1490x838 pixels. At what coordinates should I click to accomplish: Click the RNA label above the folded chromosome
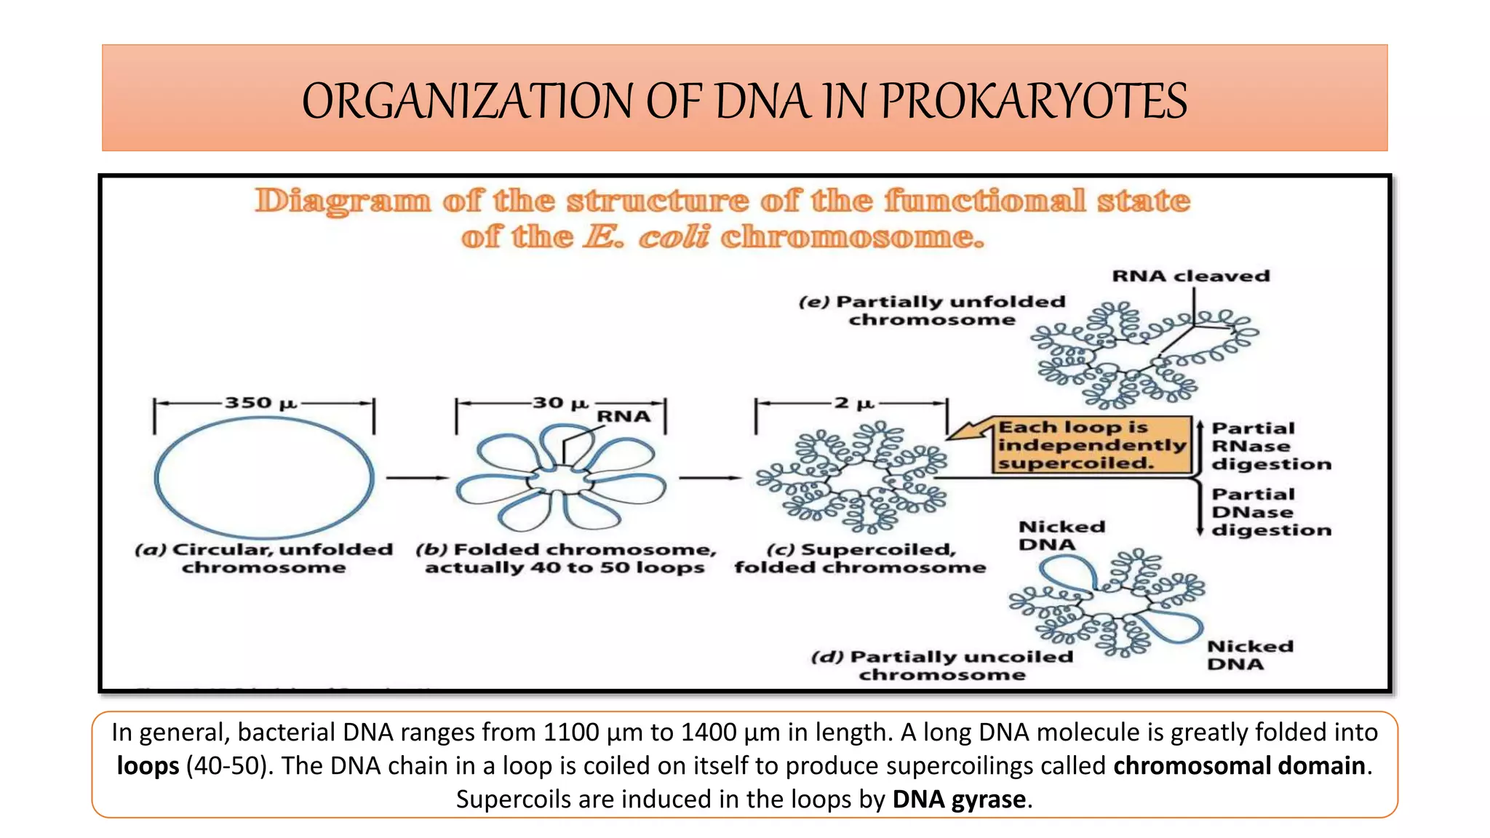(624, 417)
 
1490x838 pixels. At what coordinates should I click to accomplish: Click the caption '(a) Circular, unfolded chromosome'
(263, 559)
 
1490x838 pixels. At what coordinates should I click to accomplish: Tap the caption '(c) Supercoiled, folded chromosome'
(860, 559)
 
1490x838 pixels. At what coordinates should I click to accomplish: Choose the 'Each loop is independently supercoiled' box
(1091, 445)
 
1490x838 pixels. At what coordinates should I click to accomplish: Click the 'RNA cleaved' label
(1190, 276)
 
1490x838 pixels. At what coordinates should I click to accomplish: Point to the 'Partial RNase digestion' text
(1270, 446)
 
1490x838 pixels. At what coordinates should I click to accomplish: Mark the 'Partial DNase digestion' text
(1270, 512)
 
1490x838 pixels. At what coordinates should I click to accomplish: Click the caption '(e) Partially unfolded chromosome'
(932, 311)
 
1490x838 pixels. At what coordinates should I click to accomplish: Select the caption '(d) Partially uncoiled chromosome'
(942, 666)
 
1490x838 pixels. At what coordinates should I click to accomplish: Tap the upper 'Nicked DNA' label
(1061, 535)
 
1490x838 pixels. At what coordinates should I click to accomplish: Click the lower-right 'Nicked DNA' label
(1249, 655)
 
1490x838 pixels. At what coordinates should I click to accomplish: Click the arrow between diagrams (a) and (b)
(417, 478)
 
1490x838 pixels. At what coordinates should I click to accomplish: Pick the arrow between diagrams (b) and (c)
(709, 478)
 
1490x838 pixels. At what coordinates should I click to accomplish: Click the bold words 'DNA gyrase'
(958, 799)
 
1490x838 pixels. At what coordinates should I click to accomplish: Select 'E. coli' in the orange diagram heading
(647, 237)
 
